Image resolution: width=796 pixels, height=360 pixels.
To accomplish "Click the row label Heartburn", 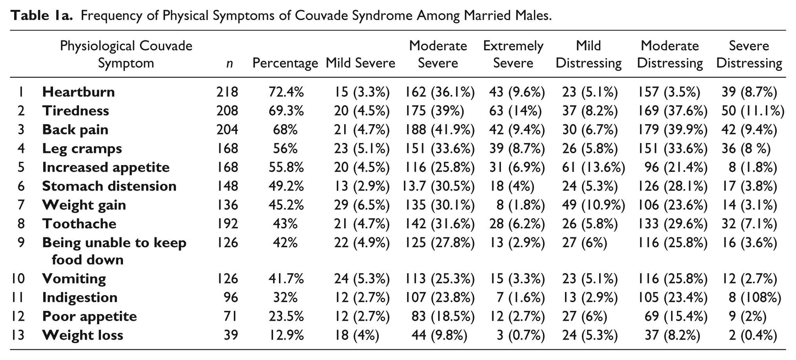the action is pos(79,92).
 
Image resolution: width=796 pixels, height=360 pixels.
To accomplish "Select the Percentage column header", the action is pos(285,63).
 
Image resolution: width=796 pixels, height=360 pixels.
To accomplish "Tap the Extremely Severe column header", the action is pos(513,55).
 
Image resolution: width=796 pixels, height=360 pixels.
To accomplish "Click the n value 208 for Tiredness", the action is pos(227,111).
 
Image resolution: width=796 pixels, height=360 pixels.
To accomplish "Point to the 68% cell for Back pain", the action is pos(285,130).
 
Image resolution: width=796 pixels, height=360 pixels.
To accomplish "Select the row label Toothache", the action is pos(79,224).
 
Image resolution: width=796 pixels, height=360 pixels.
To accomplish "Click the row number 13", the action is pos(18,335).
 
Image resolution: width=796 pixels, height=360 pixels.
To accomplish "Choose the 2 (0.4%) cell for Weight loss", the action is pos(753,335).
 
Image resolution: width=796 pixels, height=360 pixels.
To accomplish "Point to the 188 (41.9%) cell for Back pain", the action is pos(440,130).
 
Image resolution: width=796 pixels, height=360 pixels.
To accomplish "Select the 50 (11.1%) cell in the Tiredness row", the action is pos(753,111).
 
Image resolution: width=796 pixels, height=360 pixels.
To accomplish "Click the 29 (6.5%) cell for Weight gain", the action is pos(362,205).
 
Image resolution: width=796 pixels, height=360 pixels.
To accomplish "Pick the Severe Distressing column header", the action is pos(749,55).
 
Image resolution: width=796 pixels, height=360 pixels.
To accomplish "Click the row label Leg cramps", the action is pos(82,149).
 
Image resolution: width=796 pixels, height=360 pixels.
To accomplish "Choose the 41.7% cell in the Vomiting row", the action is pos(286,279).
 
